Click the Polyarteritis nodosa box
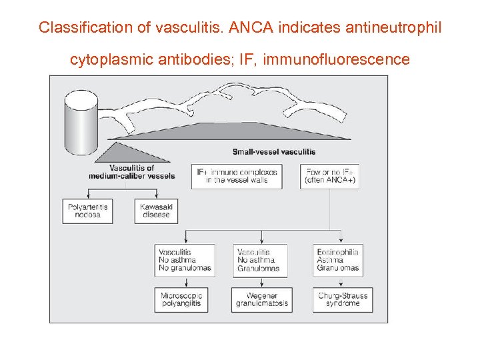coord(88,211)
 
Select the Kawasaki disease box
coord(156,211)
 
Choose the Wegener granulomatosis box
coord(261,299)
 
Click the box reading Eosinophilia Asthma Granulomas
coord(338,260)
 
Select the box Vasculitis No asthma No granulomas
coord(185,260)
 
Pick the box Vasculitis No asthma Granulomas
coord(261,260)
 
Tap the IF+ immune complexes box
coord(236,175)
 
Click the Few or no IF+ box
coord(330,175)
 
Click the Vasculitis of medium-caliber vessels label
coord(131,171)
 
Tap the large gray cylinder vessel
coord(81,121)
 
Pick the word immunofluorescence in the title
coord(337,60)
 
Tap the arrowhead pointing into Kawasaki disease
coord(156,197)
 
